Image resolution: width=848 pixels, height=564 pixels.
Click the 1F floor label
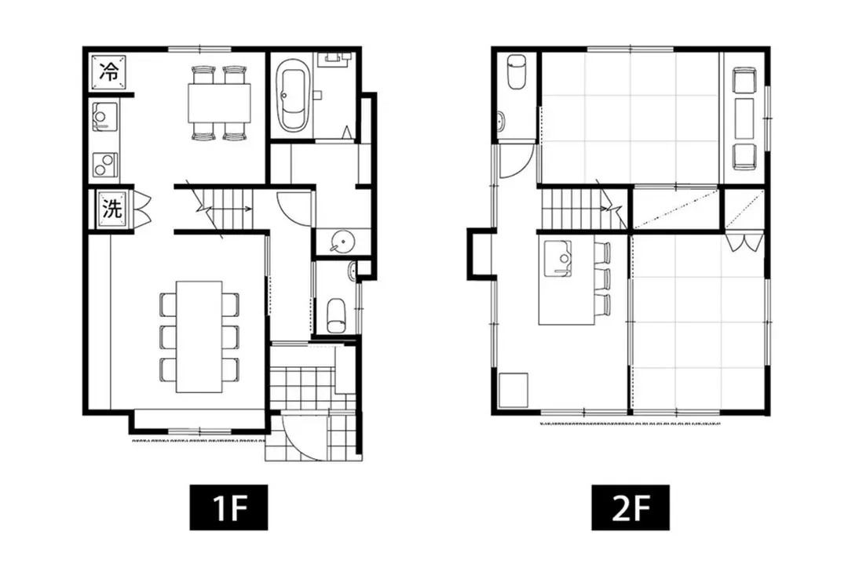tap(228, 508)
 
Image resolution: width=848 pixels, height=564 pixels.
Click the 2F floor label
tap(630, 508)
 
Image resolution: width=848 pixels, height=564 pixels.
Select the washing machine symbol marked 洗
tap(112, 208)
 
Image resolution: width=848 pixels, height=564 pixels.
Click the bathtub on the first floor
tap(294, 95)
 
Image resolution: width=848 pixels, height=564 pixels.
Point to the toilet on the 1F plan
tap(336, 315)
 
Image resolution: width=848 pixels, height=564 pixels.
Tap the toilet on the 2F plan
tap(517, 71)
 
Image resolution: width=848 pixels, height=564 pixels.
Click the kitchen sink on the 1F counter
tap(105, 116)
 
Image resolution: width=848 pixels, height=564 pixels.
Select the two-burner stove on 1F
tap(105, 164)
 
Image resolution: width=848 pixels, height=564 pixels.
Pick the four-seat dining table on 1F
tap(220, 103)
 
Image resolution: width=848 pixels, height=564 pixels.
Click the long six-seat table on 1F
tap(199, 337)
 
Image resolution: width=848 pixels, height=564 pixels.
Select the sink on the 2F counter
tap(557, 259)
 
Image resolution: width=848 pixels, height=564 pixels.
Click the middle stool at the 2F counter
tap(602, 278)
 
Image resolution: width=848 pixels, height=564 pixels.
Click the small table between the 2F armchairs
tap(744, 118)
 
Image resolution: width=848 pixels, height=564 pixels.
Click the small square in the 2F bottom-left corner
tap(514, 390)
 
